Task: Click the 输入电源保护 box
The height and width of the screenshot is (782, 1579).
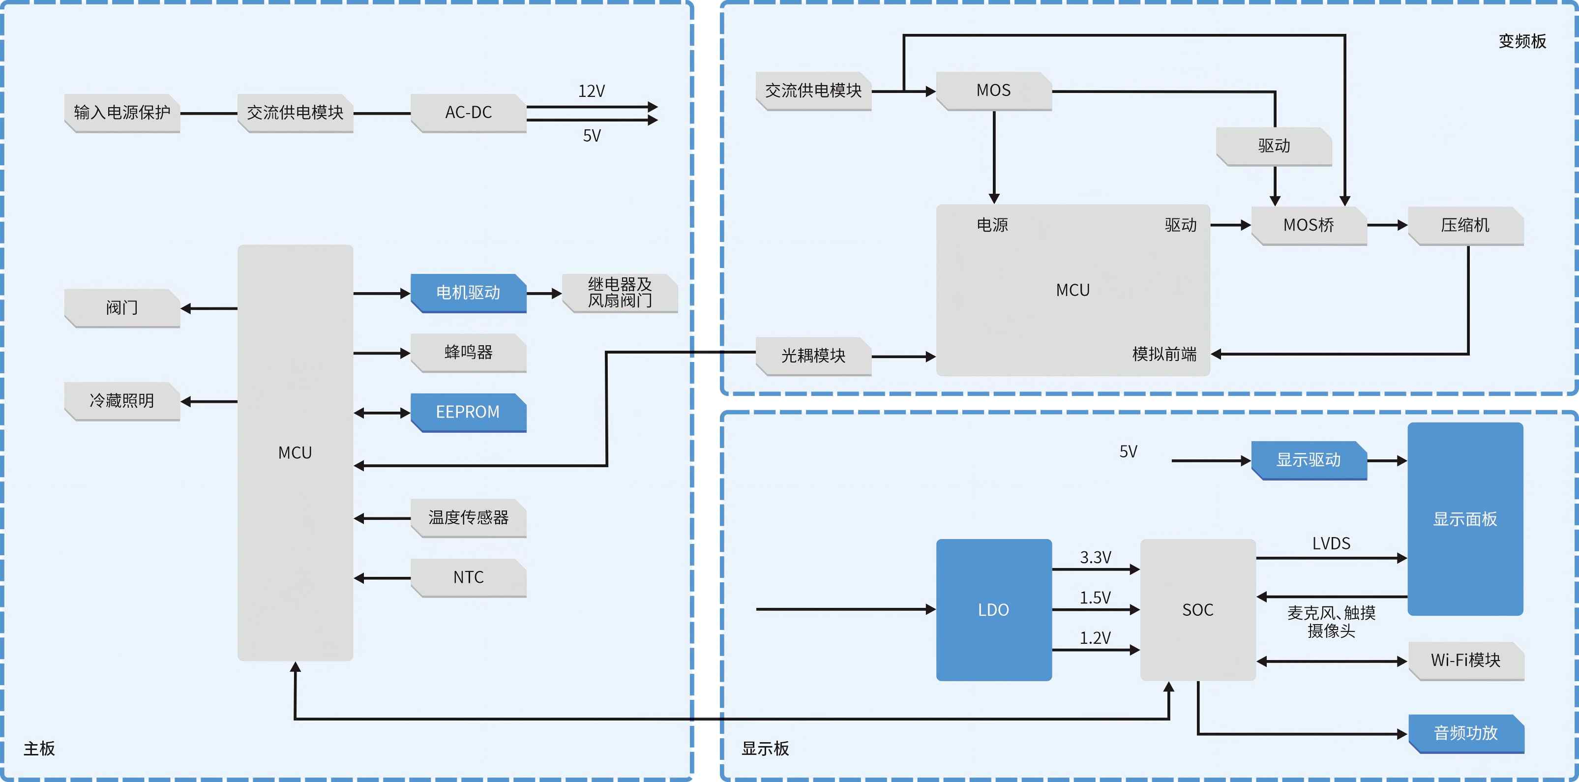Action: tap(122, 113)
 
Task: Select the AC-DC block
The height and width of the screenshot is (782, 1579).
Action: tap(468, 113)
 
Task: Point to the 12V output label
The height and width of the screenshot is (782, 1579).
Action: tap(591, 91)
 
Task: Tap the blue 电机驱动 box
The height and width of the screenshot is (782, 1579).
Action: tap(468, 293)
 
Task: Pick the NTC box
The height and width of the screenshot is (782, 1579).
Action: tap(468, 577)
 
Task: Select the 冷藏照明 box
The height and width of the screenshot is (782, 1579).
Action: tap(122, 401)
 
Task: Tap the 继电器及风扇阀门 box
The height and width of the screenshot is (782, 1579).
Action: tap(620, 293)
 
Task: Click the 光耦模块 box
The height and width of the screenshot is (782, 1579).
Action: tap(813, 356)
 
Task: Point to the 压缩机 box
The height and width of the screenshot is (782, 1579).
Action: tap(1465, 226)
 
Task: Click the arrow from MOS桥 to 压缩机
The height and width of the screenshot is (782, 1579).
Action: tap(1387, 226)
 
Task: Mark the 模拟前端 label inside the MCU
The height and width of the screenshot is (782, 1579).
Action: tap(1164, 354)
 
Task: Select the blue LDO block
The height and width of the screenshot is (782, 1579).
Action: tap(994, 610)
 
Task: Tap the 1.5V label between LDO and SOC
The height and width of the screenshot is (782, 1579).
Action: tap(1095, 598)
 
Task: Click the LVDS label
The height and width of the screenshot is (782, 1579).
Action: tap(1331, 543)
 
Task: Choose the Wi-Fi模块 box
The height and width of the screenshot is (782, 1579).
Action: tap(1465, 660)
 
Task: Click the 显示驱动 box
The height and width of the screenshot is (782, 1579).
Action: tap(1309, 460)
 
